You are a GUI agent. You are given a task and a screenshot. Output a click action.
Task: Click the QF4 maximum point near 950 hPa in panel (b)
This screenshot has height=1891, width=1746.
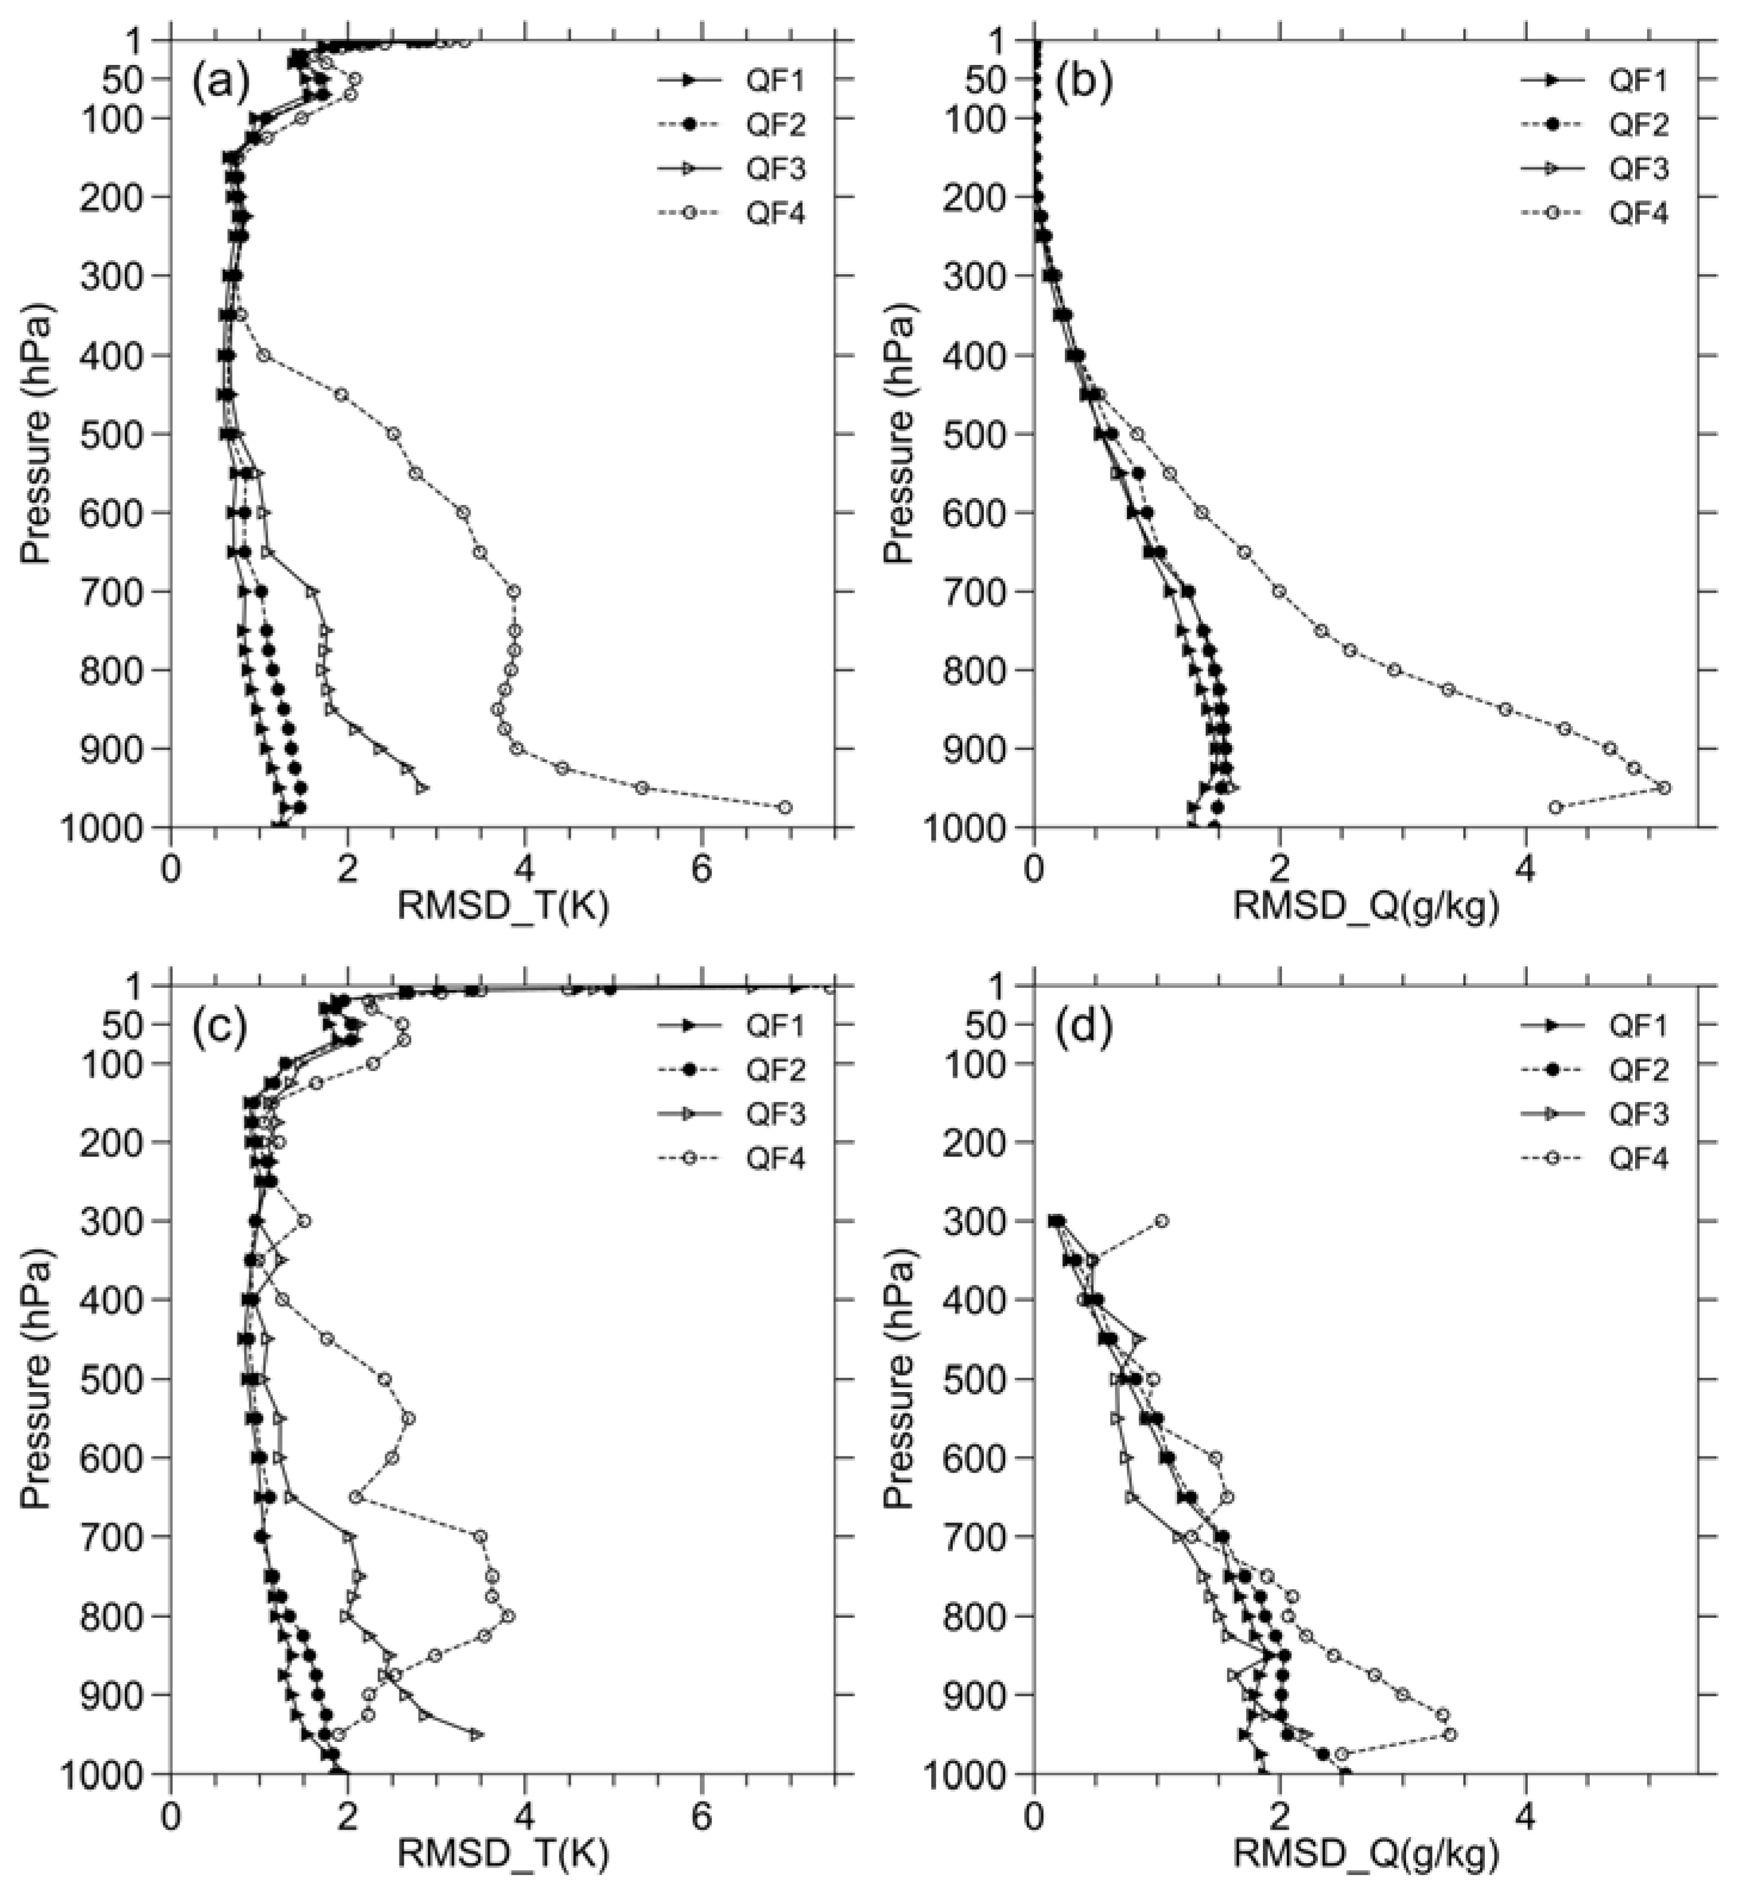(1665, 787)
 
